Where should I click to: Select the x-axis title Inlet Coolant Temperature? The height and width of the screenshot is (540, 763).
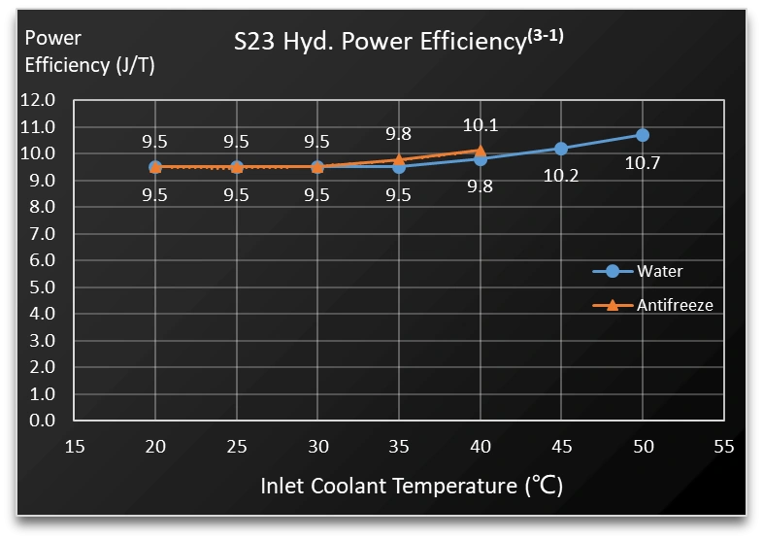(x=412, y=486)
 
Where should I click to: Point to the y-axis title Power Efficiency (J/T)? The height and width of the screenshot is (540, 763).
(x=89, y=51)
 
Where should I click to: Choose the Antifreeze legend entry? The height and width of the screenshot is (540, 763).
(x=674, y=305)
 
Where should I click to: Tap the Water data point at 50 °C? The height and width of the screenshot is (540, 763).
(x=643, y=135)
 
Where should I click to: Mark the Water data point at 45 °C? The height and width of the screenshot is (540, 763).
(x=561, y=149)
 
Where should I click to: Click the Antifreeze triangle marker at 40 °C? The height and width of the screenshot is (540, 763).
(x=480, y=151)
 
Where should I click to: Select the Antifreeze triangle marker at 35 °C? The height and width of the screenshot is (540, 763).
(x=399, y=159)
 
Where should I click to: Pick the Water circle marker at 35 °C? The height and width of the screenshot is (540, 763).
(x=399, y=167)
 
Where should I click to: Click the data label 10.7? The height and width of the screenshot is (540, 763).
(x=643, y=162)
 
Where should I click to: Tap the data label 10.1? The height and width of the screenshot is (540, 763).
(x=480, y=124)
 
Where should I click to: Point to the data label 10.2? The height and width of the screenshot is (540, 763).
(x=561, y=176)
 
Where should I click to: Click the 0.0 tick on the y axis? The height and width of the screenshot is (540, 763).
(x=42, y=421)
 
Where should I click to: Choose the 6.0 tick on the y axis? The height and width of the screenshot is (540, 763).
(x=42, y=260)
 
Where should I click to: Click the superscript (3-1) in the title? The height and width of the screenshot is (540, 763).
(x=545, y=36)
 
